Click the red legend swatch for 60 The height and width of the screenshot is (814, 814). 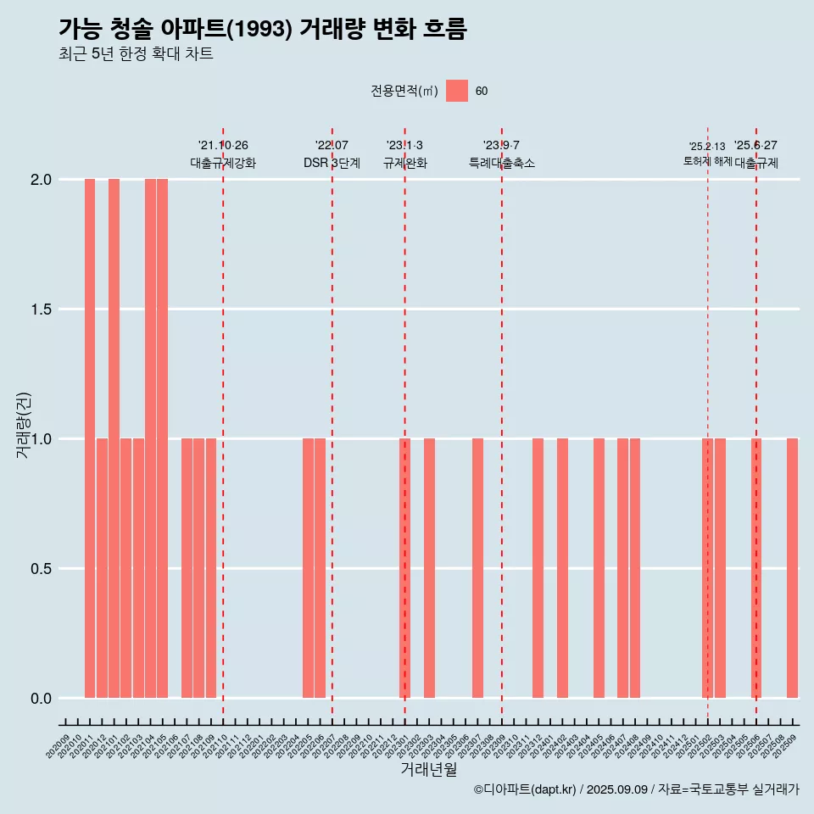[457, 91]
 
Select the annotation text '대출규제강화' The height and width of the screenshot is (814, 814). [223, 163]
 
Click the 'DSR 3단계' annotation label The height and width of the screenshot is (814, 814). [332, 163]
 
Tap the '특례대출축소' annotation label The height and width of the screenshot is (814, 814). [502, 163]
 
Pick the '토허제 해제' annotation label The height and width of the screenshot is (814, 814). [707, 161]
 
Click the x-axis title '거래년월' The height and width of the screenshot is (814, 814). [428, 770]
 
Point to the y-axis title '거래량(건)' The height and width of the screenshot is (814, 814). [24, 425]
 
